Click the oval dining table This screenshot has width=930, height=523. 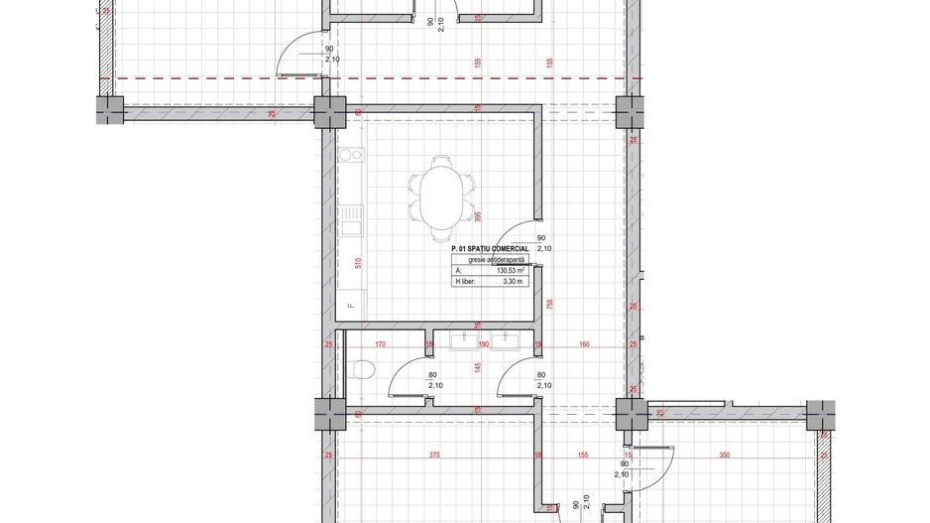pos(441,195)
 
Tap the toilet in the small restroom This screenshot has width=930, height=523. pos(362,371)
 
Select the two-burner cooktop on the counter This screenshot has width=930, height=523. pos(350,156)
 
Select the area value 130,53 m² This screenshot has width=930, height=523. pos(510,270)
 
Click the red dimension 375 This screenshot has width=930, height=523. pos(433,456)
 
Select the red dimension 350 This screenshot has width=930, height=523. pos(725,456)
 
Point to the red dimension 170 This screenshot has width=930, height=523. pos(380,345)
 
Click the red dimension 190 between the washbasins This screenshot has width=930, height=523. pos(485,345)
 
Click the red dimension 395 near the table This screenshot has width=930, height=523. pos(477,216)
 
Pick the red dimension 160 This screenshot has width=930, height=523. pos(584,345)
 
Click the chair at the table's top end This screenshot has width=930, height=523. pos(441,162)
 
